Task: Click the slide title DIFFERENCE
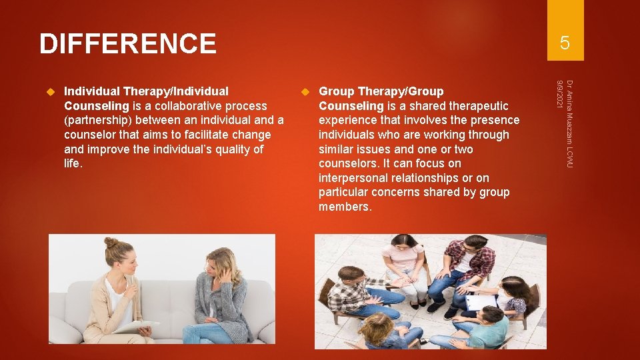pyautogui.click(x=127, y=44)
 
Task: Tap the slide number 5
pyautogui.click(x=565, y=43)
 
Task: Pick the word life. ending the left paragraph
pyautogui.click(x=73, y=163)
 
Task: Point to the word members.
pyautogui.click(x=345, y=207)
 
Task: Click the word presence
pyautogui.click(x=494, y=120)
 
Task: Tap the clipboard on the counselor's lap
pyautogui.click(x=137, y=327)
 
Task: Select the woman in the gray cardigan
pyautogui.click(x=220, y=293)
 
